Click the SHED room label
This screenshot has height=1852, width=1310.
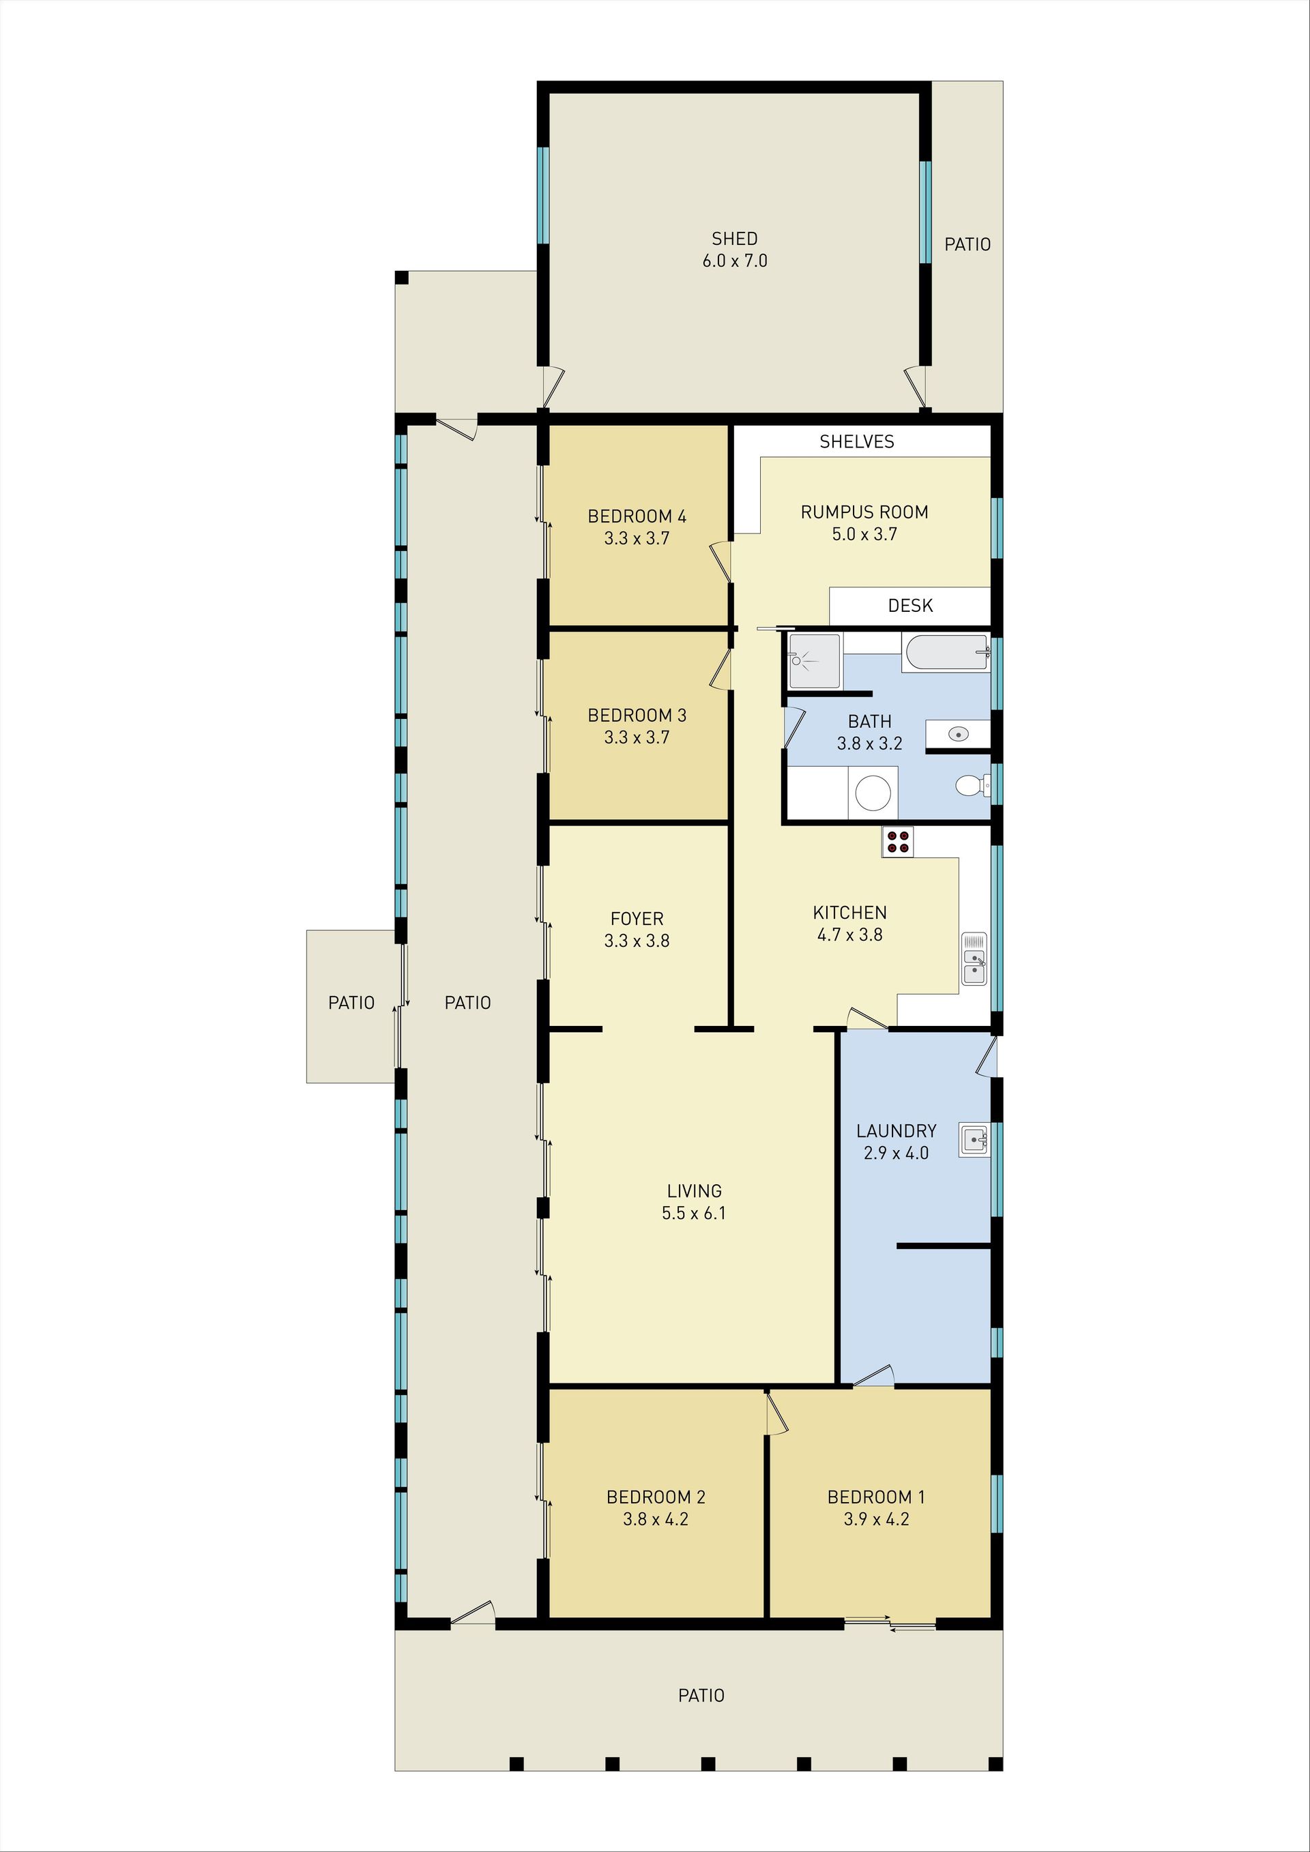(x=734, y=239)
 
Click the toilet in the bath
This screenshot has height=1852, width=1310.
(x=970, y=785)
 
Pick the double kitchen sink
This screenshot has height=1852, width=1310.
(x=974, y=958)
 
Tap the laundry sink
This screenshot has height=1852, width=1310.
(x=974, y=1141)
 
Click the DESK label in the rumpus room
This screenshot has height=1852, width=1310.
(x=910, y=606)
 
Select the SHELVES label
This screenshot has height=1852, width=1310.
(x=857, y=441)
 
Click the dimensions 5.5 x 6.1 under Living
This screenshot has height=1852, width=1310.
(x=694, y=1213)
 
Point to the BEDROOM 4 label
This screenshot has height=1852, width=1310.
(x=637, y=516)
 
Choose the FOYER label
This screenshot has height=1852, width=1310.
(x=637, y=919)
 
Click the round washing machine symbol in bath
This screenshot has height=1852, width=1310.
(x=873, y=793)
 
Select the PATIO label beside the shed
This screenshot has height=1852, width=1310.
(x=967, y=244)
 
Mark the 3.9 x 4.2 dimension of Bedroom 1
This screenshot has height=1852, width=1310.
(x=876, y=1520)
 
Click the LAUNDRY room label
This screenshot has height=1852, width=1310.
(x=896, y=1131)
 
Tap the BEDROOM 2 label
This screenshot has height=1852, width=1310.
(x=656, y=1497)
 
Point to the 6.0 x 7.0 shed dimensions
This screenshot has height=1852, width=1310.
(x=734, y=261)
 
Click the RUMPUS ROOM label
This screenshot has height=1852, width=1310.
(x=864, y=512)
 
